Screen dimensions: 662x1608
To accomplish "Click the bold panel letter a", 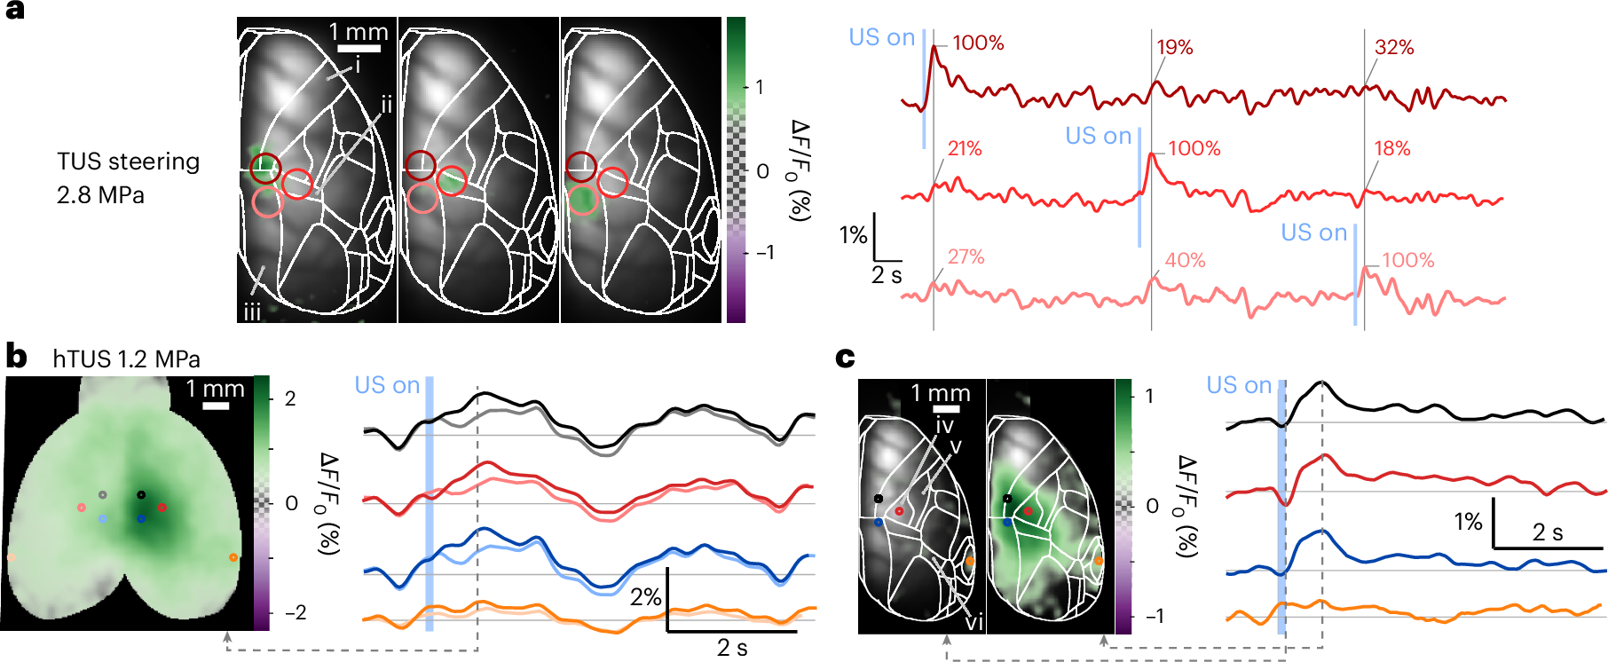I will point(15,12).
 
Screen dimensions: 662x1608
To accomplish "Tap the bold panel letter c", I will point(845,357).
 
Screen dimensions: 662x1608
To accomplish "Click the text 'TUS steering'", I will point(128,162).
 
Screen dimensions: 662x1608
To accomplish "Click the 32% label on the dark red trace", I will point(1393,48).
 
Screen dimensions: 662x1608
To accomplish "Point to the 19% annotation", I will point(1174,48).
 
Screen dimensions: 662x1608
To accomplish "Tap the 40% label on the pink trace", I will point(1185,261).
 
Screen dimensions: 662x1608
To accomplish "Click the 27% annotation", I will point(966,257).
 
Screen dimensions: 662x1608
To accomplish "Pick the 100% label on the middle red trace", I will point(1194,149).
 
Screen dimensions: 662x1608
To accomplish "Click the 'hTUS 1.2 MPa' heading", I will point(126,359).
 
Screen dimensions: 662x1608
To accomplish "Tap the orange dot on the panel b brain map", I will point(233,557).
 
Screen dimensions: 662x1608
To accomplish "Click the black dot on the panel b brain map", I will point(141,494).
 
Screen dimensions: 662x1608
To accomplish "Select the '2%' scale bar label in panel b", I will point(645,597).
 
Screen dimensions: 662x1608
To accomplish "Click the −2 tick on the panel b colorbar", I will point(296,613).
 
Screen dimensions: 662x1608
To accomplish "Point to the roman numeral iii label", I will point(252,312).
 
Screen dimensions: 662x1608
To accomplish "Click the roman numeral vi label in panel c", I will point(973,623).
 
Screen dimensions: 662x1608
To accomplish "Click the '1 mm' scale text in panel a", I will point(359,33).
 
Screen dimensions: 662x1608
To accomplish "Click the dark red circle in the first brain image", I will point(264,166).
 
